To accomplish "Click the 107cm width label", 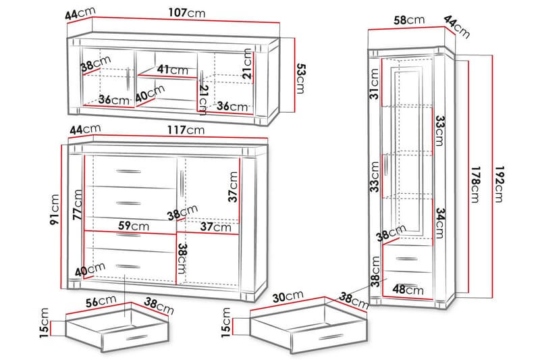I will click(x=187, y=13).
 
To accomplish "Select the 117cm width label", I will click(x=187, y=129).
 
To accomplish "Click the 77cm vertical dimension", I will click(x=78, y=205).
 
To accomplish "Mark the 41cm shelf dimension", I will click(x=173, y=70).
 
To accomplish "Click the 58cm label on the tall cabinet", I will click(x=409, y=20).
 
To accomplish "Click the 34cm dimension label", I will click(x=439, y=223).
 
